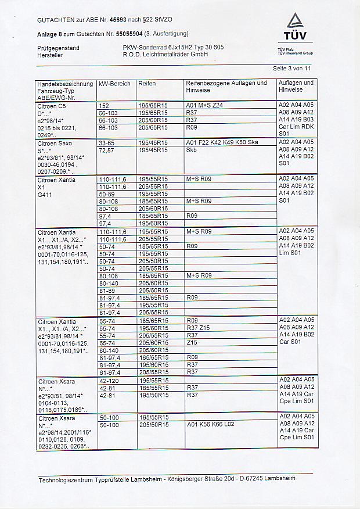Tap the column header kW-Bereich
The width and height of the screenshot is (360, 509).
coord(114,84)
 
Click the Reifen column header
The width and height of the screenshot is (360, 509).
coord(146,84)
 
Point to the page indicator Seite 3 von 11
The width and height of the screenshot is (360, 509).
coord(292,68)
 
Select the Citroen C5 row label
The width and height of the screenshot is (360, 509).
coord(52,106)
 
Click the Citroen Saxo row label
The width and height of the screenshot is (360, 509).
coord(54,142)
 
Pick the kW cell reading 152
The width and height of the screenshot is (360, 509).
coord(105,106)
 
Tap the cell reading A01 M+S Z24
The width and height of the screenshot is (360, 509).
coord(204,106)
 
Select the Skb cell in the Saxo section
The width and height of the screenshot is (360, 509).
coord(191,150)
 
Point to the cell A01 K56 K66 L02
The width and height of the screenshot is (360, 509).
coord(210,425)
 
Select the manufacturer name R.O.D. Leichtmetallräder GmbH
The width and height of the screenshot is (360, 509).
coord(165,54)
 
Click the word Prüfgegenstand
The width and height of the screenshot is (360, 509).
coord(58,48)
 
